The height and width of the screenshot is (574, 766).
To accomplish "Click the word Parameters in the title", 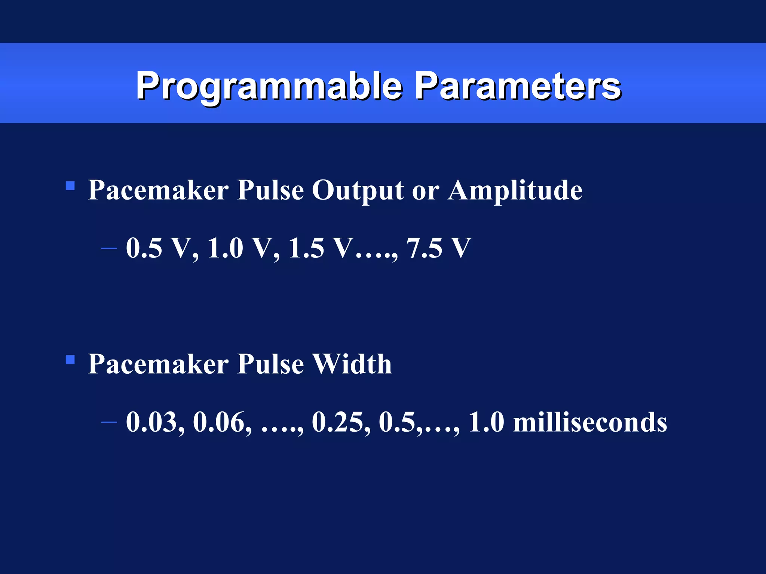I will [518, 86].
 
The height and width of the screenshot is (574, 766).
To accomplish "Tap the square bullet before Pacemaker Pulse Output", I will [70, 186].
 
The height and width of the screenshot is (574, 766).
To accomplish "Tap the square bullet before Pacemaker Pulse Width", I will [70, 359].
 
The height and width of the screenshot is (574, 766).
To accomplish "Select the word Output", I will [358, 191].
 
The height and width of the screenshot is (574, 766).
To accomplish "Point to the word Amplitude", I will [515, 191].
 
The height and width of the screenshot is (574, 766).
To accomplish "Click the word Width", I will [352, 364].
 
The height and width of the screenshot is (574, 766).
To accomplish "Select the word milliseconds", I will [590, 422].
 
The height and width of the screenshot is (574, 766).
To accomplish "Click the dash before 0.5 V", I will [109, 248].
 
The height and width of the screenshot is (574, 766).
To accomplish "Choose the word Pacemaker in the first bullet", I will [158, 191].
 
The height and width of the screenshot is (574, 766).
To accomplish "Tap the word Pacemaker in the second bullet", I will [158, 364].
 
